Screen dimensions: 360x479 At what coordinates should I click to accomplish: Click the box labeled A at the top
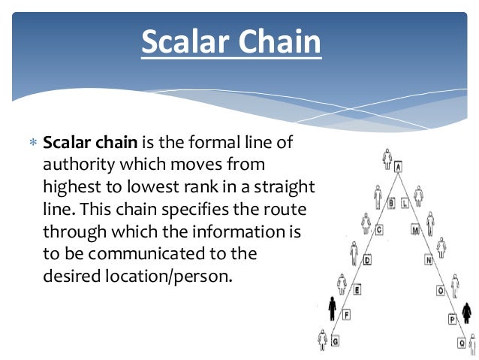point(398,167)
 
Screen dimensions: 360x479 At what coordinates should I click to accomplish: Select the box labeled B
point(391,202)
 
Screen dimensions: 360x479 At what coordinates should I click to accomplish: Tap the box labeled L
point(405,203)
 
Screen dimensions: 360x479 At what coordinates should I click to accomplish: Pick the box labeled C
point(379,231)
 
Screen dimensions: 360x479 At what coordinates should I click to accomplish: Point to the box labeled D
point(367,261)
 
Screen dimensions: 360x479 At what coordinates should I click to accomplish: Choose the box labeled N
point(429,261)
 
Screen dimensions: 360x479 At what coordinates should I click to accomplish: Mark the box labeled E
point(357,289)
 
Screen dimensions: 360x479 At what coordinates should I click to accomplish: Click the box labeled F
point(346,316)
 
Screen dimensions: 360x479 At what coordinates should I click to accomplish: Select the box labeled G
point(335,341)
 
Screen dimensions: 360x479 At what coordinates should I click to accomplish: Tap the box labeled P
point(452,319)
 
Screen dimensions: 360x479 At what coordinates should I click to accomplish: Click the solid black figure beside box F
point(333,308)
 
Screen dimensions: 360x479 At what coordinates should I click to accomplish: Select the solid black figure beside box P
point(466,311)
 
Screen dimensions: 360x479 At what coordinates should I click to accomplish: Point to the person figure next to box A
point(387,159)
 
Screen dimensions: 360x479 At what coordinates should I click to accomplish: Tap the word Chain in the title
point(281,42)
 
